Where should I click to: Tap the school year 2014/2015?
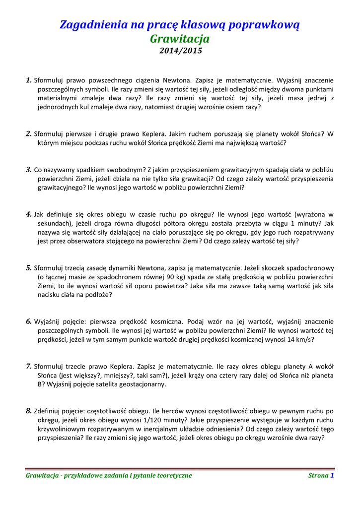click(x=180, y=50)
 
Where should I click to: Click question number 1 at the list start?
click(x=28, y=79)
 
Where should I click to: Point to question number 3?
click(x=28, y=169)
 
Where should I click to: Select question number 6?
click(x=28, y=321)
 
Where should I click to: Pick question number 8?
click(x=28, y=411)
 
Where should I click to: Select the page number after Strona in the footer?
click(x=332, y=475)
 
